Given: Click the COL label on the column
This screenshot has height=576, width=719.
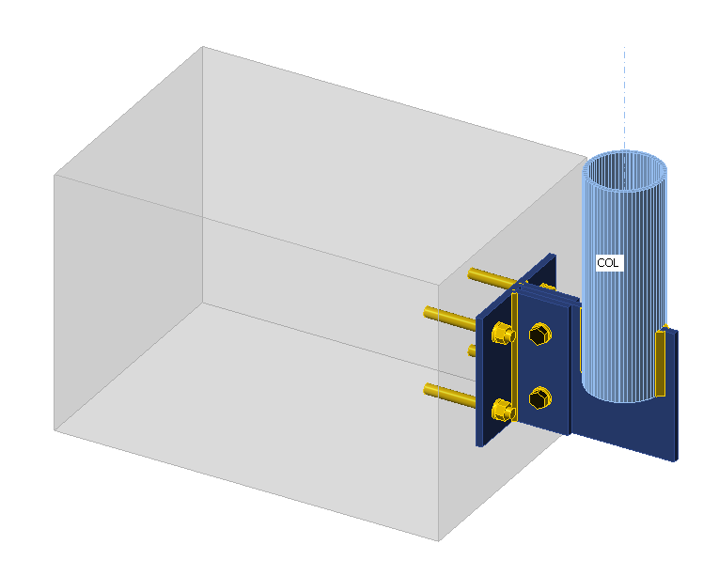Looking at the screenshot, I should (x=608, y=263).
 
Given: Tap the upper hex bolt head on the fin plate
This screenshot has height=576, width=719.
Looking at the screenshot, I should (x=539, y=335).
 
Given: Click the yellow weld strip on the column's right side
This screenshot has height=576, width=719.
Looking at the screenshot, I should (x=661, y=362).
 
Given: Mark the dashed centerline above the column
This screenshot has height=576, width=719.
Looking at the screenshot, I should (x=624, y=94).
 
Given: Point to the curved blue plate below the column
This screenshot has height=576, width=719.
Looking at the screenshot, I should (x=639, y=428).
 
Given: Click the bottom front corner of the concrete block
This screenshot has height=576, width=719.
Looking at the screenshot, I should (x=439, y=540).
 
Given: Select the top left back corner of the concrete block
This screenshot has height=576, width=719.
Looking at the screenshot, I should (x=203, y=46).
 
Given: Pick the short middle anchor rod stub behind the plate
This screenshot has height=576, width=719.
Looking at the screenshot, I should (x=473, y=350).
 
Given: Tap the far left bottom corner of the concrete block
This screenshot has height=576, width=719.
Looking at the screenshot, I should (x=55, y=430).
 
